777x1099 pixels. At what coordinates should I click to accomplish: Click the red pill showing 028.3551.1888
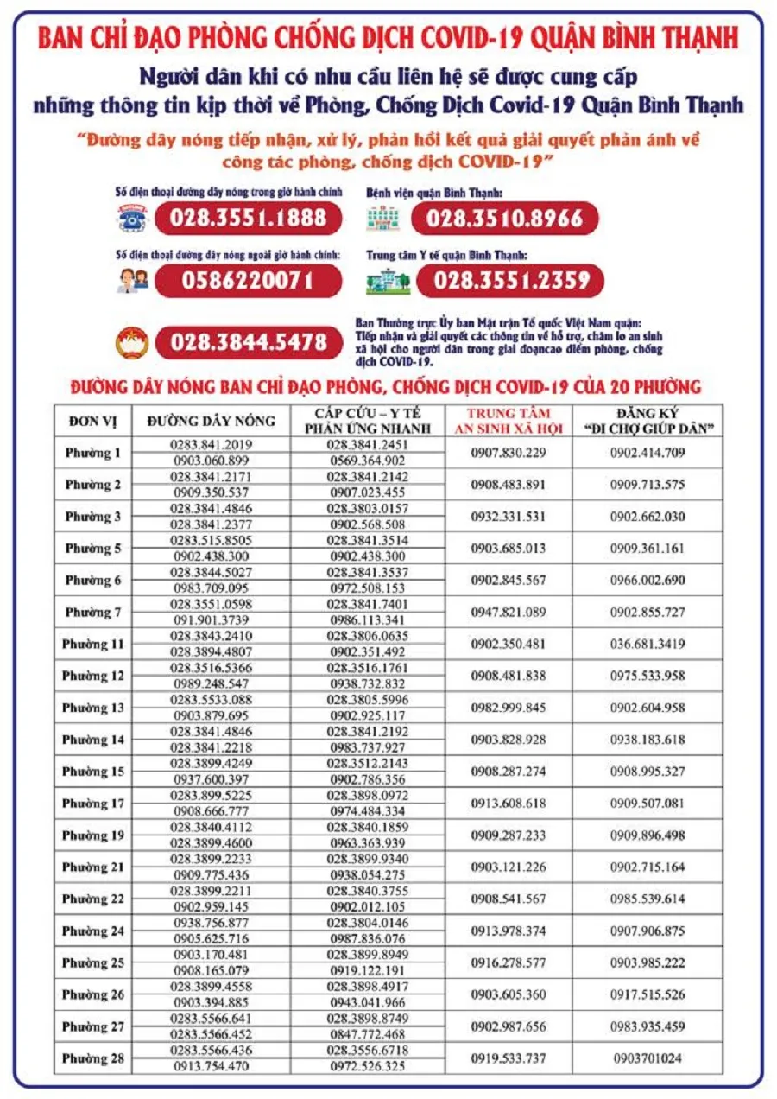pyautogui.click(x=248, y=219)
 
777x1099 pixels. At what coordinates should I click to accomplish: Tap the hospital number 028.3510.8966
pyautogui.click(x=504, y=219)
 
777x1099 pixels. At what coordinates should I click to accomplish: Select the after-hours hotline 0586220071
pyautogui.click(x=248, y=280)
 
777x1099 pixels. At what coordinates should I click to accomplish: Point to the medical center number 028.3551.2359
pyautogui.click(x=511, y=280)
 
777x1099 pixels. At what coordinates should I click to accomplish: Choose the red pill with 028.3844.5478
pyautogui.click(x=248, y=342)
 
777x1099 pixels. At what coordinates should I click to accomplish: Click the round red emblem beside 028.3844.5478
pyautogui.click(x=133, y=342)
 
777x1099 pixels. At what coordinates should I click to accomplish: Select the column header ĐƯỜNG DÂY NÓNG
pyautogui.click(x=211, y=421)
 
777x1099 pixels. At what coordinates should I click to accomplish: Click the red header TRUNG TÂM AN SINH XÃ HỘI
pyautogui.click(x=509, y=420)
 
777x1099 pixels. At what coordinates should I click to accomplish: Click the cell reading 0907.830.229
pyautogui.click(x=509, y=453)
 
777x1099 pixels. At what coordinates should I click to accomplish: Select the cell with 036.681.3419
pyautogui.click(x=647, y=645)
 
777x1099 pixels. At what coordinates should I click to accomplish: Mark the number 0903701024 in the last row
pyautogui.click(x=647, y=1058)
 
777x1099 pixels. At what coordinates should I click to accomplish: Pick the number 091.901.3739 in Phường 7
pyautogui.click(x=212, y=619)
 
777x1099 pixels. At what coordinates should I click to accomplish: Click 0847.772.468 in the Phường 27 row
pyautogui.click(x=367, y=1034)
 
